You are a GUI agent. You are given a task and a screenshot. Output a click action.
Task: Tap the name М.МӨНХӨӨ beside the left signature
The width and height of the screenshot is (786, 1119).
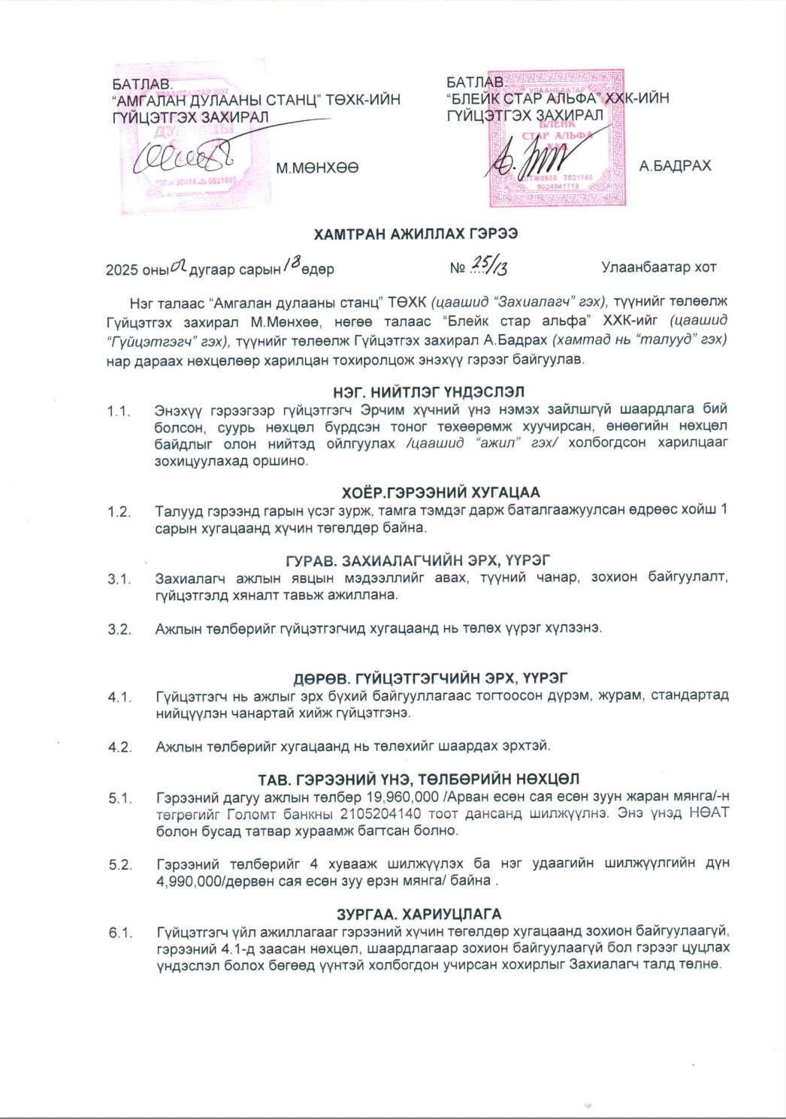coord(316,167)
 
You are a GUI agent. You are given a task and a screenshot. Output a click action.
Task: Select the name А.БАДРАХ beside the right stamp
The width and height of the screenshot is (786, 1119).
coord(675,166)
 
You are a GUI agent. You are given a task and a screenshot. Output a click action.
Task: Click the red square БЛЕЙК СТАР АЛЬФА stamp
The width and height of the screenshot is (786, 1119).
coord(557,139)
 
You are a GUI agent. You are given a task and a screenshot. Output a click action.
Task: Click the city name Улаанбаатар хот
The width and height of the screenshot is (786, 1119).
coord(658,267)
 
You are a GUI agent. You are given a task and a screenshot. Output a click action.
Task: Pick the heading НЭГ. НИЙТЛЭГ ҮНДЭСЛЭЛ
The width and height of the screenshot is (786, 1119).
coord(428,392)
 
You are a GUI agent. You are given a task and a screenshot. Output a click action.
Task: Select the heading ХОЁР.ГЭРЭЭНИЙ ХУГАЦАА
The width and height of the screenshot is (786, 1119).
coord(441,493)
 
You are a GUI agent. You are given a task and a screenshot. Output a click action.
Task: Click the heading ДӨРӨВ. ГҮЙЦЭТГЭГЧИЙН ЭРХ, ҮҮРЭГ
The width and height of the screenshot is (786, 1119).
coord(430,678)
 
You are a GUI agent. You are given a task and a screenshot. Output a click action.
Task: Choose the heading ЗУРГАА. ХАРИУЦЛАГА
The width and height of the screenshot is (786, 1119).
coord(419,914)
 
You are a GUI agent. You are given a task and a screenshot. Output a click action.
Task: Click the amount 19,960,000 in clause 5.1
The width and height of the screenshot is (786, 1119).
coord(403,798)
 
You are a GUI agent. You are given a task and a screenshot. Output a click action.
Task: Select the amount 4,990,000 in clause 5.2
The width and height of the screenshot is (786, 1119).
coord(189,881)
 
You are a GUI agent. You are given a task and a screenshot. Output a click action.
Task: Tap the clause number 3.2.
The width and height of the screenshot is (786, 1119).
coord(119,629)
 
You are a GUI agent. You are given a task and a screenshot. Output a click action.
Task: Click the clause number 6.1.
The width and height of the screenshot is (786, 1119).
coord(120,933)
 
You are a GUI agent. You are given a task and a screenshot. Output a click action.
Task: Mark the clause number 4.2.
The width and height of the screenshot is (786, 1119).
coord(119,747)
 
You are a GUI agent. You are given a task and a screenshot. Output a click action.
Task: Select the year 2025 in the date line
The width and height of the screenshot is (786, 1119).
coord(121,270)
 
